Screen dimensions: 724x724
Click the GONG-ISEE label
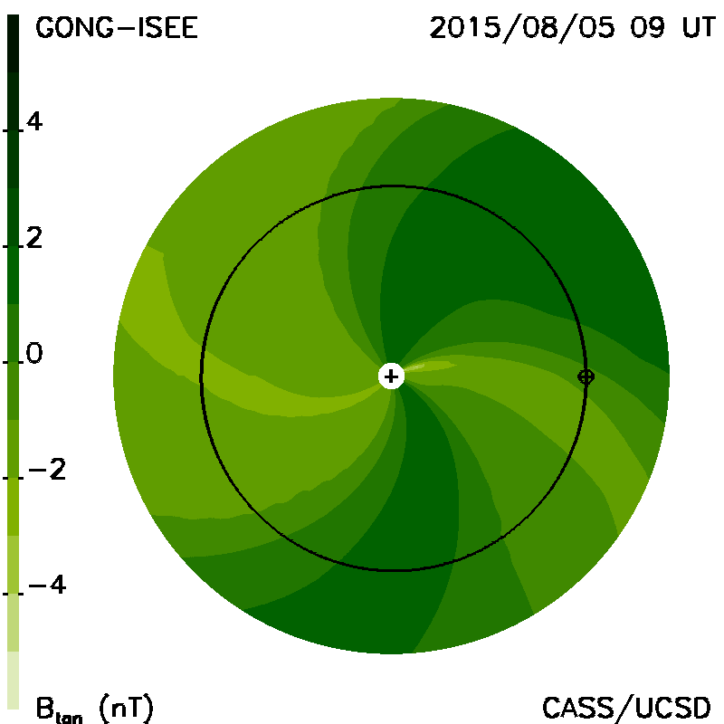tap(117, 27)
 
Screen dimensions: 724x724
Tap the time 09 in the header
tap(647, 27)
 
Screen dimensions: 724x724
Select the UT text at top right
tap(699, 27)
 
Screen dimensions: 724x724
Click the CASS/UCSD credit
tap(626, 708)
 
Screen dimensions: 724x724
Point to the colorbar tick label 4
tap(34, 122)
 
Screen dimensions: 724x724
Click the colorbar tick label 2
tap(34, 238)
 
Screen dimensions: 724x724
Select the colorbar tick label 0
tap(34, 354)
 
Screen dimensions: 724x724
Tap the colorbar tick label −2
tap(47, 470)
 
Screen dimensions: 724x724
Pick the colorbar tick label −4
tap(47, 586)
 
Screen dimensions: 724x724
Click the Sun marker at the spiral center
tap(391, 376)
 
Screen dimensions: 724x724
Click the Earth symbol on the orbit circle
tap(586, 376)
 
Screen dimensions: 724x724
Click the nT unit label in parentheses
tap(126, 709)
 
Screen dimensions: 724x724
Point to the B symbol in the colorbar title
tap(44, 708)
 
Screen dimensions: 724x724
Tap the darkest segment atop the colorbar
tap(13, 43)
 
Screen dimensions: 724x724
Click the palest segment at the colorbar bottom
tap(13, 680)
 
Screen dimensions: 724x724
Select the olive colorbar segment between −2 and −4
tap(13, 507)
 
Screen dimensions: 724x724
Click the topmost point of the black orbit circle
tap(393, 186)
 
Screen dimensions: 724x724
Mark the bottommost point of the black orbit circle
tap(393, 570)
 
